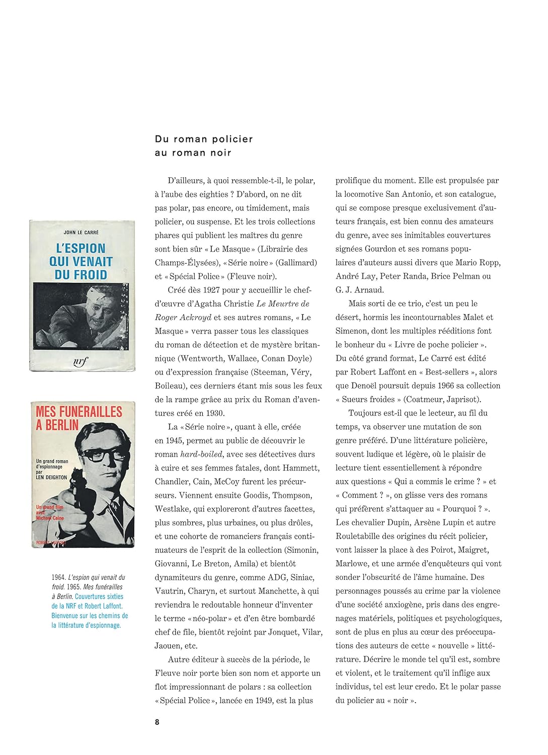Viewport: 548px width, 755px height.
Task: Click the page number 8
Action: tap(157, 722)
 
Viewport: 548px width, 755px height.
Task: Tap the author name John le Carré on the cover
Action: tap(81, 233)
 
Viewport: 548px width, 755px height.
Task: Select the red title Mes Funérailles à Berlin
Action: tap(79, 418)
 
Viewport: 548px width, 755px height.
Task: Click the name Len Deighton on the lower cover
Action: tap(51, 477)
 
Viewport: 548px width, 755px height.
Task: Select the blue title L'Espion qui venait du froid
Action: tap(81, 261)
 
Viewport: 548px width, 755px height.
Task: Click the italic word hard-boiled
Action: tap(201, 454)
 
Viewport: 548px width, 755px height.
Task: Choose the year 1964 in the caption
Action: tap(58, 577)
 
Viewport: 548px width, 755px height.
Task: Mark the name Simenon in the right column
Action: tap(353, 331)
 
